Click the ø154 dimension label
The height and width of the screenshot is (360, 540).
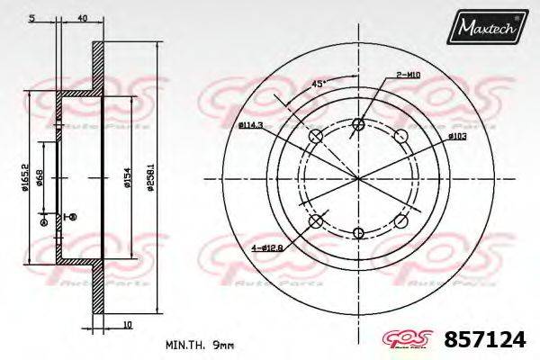128,178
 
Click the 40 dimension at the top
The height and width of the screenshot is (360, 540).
82,18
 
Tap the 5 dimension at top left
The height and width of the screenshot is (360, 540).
31,18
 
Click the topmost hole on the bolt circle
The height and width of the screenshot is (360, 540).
359,124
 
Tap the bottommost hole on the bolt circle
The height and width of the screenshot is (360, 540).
359,231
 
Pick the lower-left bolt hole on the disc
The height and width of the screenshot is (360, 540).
315,221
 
